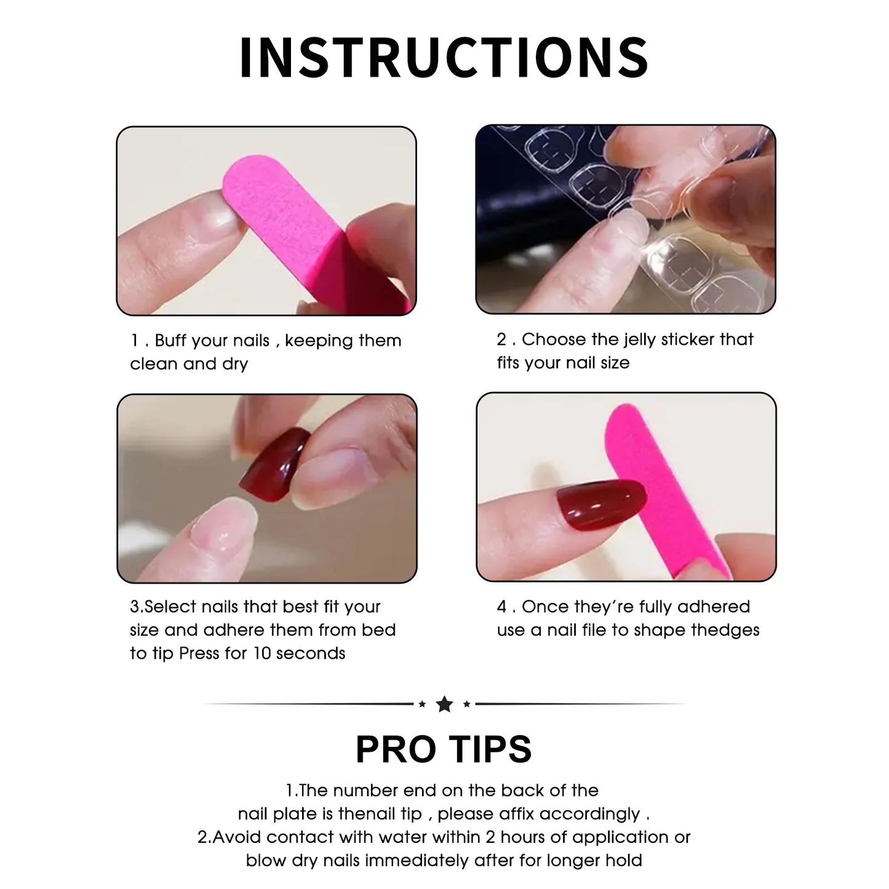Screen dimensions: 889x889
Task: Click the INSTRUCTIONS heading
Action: click(444, 57)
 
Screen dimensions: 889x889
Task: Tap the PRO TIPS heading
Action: click(444, 749)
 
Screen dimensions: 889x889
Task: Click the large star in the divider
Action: click(444, 704)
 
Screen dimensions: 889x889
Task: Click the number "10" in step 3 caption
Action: click(262, 653)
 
